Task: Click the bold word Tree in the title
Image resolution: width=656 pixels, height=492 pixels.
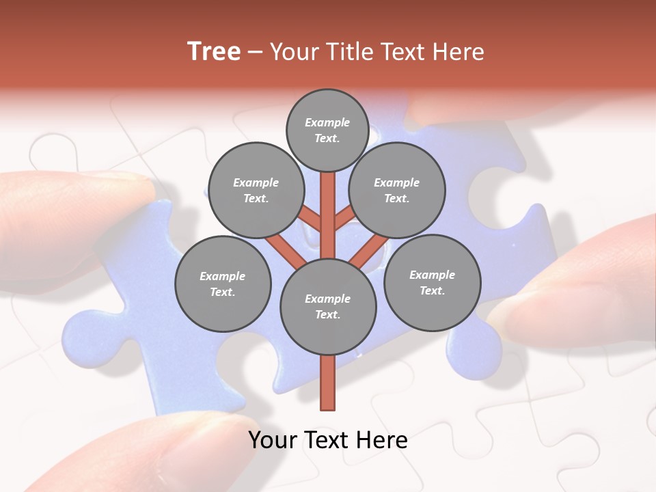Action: pos(214,51)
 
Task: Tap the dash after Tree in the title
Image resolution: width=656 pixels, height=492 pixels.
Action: pos(256,53)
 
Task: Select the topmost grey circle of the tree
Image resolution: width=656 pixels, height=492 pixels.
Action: pos(327,130)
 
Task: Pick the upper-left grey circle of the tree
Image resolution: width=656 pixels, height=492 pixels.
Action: pos(256,190)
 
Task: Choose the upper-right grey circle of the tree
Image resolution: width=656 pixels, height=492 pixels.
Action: pos(396,190)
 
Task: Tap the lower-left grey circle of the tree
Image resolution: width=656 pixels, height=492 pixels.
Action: pos(223,284)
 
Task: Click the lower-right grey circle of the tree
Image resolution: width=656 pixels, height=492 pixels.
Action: pos(432,282)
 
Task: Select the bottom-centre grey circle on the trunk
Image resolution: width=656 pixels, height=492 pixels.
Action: pos(328,306)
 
